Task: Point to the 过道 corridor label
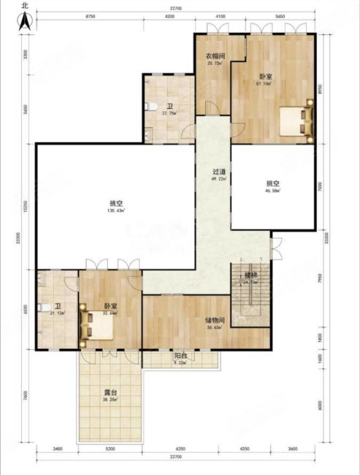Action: (218, 171)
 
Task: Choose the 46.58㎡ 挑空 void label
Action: (274, 191)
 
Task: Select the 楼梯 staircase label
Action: (250, 274)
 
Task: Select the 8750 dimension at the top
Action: (90, 15)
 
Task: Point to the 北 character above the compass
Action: (25, 5)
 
